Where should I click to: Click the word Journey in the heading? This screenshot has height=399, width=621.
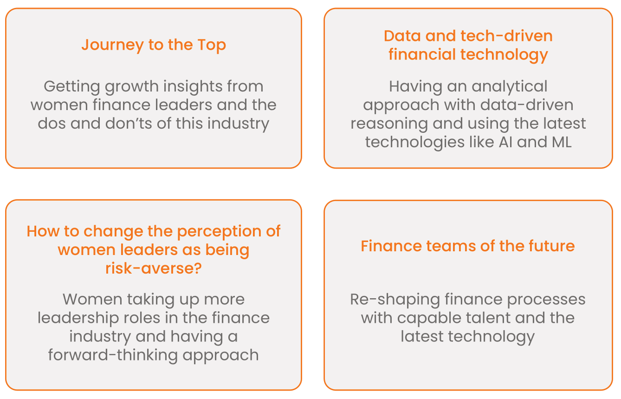click(x=112, y=45)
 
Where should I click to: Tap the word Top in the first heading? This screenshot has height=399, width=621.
click(x=212, y=45)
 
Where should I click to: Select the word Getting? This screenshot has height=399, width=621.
click(x=72, y=87)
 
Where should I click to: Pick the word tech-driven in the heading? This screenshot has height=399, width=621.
click(x=506, y=36)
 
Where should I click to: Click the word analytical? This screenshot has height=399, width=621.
click(x=510, y=87)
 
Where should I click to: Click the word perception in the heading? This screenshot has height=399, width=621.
click(x=219, y=232)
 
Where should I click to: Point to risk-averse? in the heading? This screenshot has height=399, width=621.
click(x=154, y=268)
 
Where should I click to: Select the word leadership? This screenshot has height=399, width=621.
click(x=78, y=318)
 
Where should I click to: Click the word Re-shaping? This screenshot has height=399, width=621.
click(x=395, y=300)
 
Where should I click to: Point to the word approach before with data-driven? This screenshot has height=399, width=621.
click(x=401, y=105)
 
